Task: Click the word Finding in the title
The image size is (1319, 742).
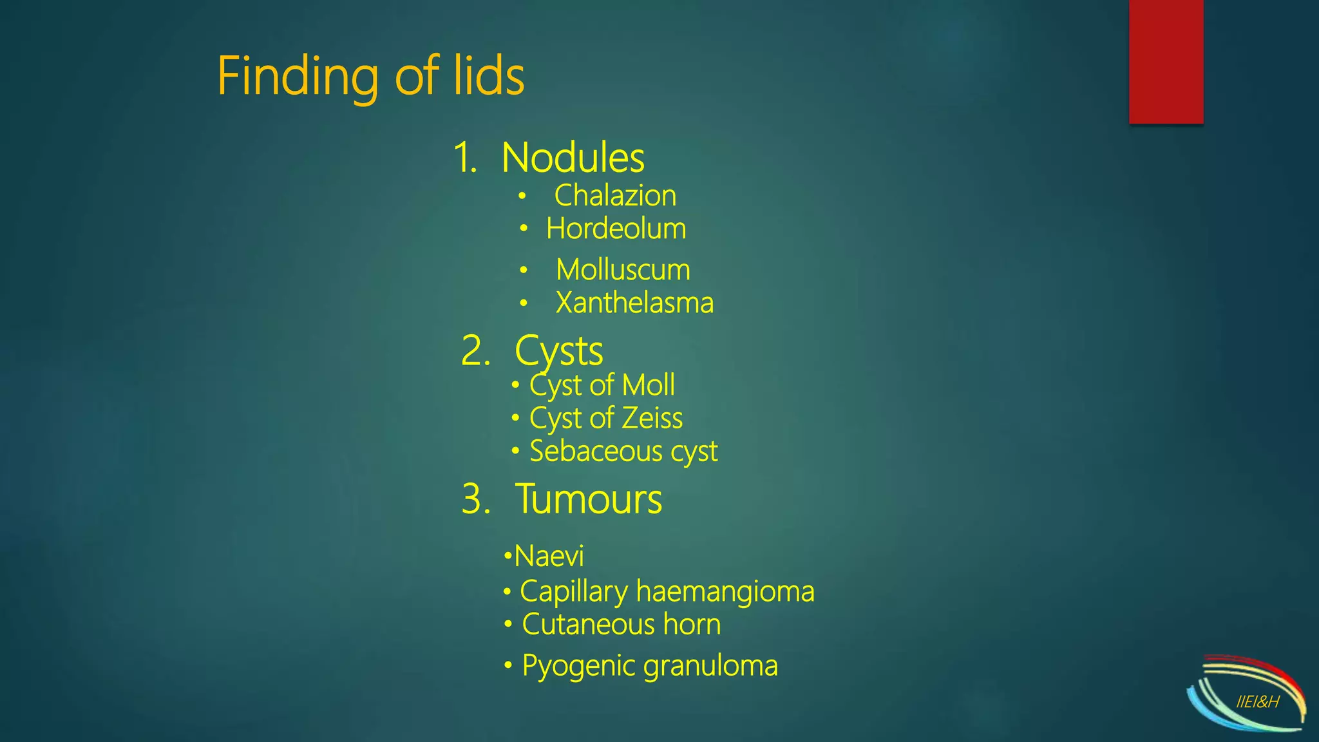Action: tap(298, 77)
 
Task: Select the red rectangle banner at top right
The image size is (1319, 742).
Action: tap(1166, 61)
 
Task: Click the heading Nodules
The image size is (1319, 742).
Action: tap(573, 158)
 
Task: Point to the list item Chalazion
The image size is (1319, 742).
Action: tap(615, 196)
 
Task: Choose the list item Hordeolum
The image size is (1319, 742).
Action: tap(616, 229)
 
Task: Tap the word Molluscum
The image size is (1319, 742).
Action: tap(623, 270)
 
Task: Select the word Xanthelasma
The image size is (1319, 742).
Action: tap(634, 303)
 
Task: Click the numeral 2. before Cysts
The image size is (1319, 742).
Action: tap(475, 352)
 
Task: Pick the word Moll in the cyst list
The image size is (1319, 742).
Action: tap(649, 385)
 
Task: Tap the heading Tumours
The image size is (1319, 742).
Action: tap(588, 499)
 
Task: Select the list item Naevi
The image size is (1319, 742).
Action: tap(549, 556)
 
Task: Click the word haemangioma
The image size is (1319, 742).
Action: tap(725, 591)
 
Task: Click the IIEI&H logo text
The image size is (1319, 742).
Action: tap(1257, 702)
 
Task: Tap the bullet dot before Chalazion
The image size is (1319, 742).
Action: tap(522, 196)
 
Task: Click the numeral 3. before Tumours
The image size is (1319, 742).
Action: tap(476, 499)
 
